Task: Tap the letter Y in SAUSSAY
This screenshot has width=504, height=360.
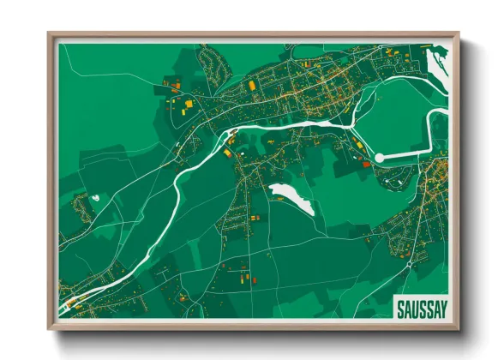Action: coord(446,307)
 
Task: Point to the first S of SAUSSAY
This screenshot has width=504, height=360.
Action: coord(399,307)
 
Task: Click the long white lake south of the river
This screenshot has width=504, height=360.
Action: coord(292,198)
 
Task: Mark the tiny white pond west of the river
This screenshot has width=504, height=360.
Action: coord(95,198)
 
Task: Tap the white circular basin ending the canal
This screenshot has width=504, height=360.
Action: coord(379,158)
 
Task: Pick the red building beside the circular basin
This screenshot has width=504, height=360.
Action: coord(366,163)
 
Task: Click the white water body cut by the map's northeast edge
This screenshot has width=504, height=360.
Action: coord(435,64)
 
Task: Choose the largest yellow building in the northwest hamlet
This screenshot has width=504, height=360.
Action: coord(188,105)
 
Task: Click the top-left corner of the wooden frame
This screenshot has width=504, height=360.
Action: coord(50,34)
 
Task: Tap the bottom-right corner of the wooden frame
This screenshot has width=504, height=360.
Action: coord(459,328)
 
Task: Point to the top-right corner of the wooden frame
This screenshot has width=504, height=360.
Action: coord(459,34)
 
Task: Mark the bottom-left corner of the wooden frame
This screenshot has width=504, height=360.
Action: coord(50,328)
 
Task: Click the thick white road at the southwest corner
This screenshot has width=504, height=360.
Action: coord(69,304)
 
